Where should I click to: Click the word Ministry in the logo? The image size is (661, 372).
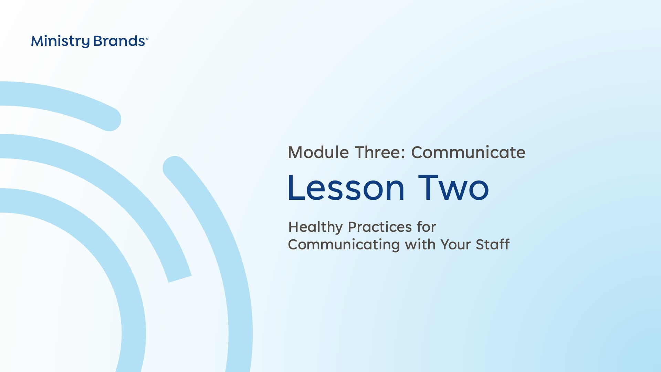click(60, 41)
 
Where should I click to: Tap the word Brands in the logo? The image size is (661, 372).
click(119, 41)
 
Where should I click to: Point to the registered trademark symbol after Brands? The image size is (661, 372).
click(147, 39)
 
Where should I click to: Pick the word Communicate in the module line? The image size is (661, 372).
click(468, 152)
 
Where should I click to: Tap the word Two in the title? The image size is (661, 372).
click(453, 188)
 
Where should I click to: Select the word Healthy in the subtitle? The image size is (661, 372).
click(315, 227)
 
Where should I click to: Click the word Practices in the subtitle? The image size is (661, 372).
click(380, 227)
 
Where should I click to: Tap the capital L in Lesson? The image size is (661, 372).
click(295, 188)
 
